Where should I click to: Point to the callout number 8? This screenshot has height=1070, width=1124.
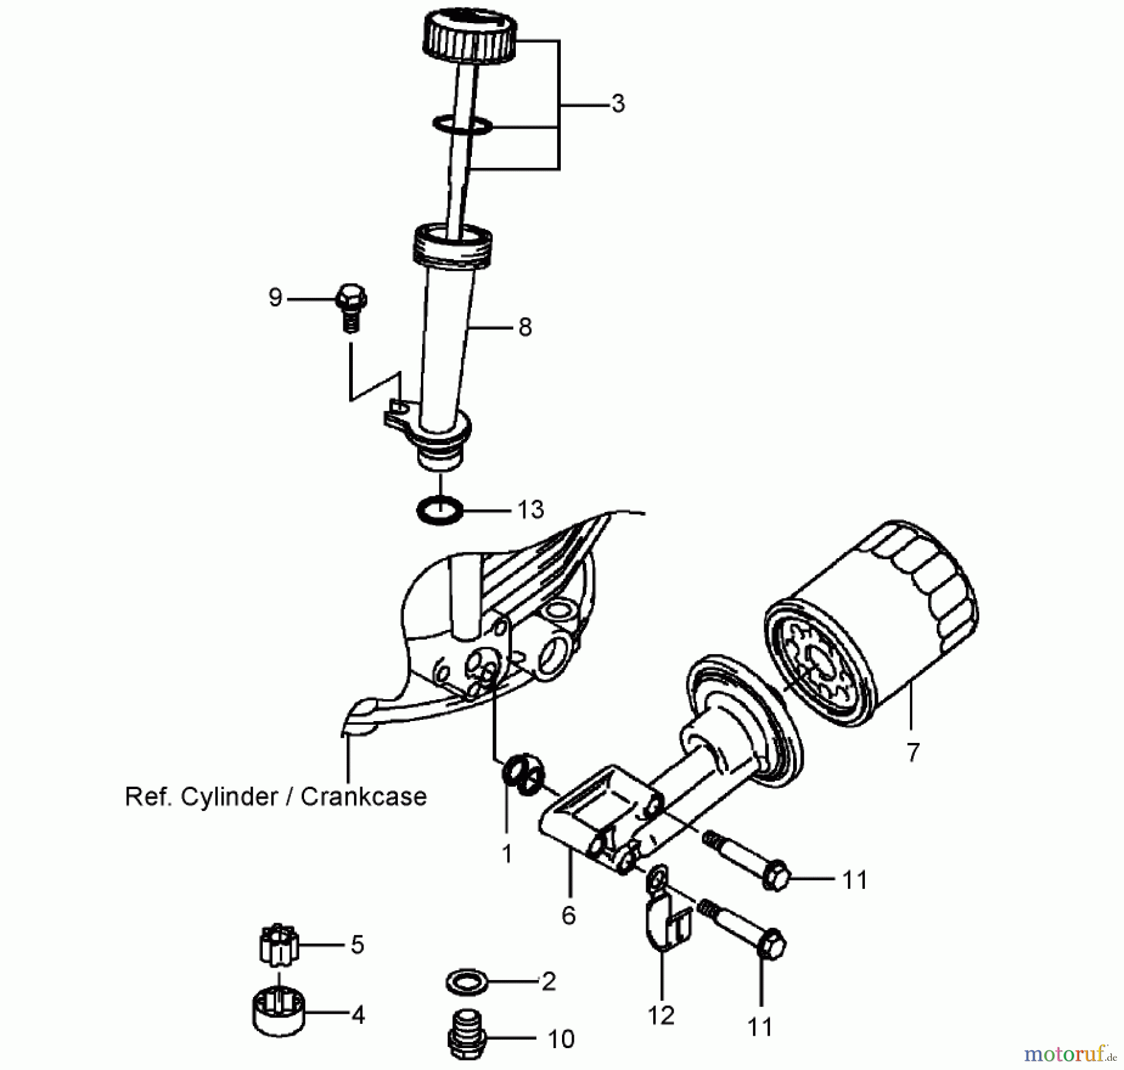point(525,327)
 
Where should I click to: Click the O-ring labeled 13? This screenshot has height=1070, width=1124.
point(440,510)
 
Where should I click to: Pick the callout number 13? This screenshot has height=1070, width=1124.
point(531,510)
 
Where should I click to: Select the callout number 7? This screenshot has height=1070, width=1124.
point(913,752)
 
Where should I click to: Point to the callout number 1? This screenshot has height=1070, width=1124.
point(506,853)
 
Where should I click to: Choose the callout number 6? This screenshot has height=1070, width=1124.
point(568,915)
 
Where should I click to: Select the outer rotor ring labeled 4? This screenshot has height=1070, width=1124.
point(279,1014)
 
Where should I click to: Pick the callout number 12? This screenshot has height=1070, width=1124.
point(661,1016)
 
